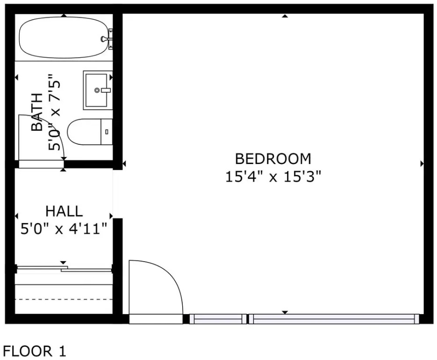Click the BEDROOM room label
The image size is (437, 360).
(273, 158)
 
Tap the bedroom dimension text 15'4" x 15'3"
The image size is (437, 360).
(273, 177)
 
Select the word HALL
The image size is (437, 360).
(64, 211)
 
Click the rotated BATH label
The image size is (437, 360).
(37, 112)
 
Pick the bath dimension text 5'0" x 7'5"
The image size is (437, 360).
(54, 112)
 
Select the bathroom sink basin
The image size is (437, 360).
(96, 90)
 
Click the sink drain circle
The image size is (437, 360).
(97, 90)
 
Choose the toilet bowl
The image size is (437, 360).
(84, 132)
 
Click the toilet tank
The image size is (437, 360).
(106, 132)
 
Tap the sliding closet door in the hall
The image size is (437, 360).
(64, 269)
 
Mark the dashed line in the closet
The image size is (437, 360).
(64, 300)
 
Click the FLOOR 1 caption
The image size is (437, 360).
(35, 351)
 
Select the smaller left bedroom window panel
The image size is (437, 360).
(218, 319)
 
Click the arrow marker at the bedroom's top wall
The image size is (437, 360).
(285, 16)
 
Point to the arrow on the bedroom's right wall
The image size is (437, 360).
(422, 164)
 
